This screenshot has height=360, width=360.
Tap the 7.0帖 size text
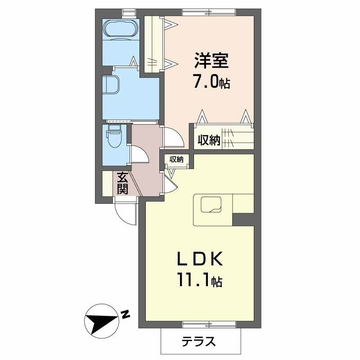coord(211,82)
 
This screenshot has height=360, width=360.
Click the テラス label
coord(198,342)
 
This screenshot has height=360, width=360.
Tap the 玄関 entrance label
coord(122,183)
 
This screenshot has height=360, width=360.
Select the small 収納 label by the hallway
coord(176,159)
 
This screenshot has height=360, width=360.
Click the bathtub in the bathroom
coord(120,30)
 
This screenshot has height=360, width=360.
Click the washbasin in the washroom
coord(111,85)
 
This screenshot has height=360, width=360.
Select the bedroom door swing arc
coord(174,138)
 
